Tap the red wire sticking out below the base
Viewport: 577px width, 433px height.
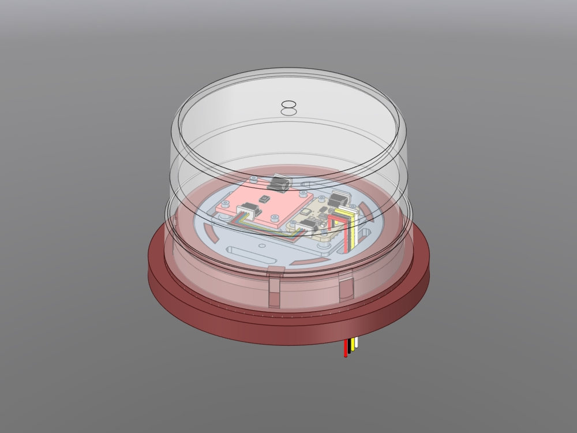click(346, 349)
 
